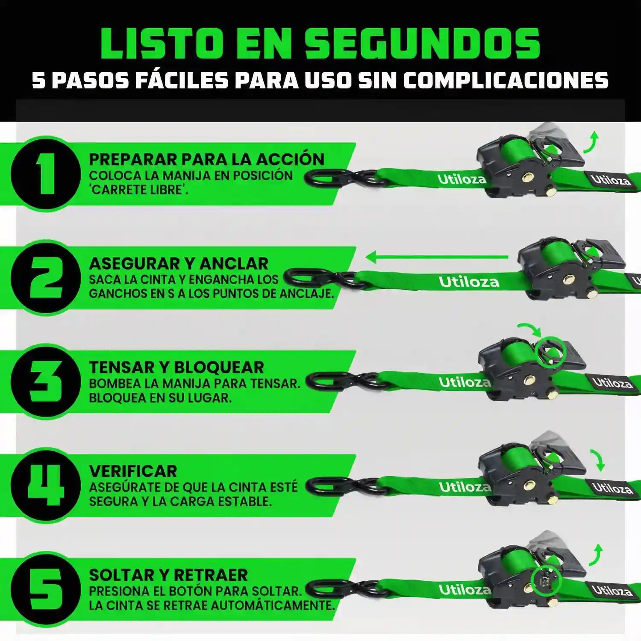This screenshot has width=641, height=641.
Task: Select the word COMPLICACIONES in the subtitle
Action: pyautogui.click(x=506, y=80)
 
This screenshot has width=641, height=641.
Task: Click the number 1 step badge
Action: pyautogui.click(x=46, y=173)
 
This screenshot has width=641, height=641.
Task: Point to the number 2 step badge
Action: pyautogui.click(x=46, y=278)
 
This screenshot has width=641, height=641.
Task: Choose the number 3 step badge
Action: pyautogui.click(x=46, y=381)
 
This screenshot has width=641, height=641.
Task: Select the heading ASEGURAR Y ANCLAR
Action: pyautogui.click(x=179, y=263)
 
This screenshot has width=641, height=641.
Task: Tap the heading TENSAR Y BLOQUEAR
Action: pyautogui.click(x=176, y=367)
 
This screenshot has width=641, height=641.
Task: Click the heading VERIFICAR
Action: pyautogui.click(x=133, y=471)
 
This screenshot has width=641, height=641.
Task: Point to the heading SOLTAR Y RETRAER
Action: pyautogui.click(x=168, y=575)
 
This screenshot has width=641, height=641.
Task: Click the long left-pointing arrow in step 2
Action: pyautogui.click(x=437, y=257)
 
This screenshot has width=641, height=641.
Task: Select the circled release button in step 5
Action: pyautogui.click(x=546, y=581)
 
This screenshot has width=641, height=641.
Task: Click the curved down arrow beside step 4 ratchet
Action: pyautogui.click(x=598, y=460)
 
